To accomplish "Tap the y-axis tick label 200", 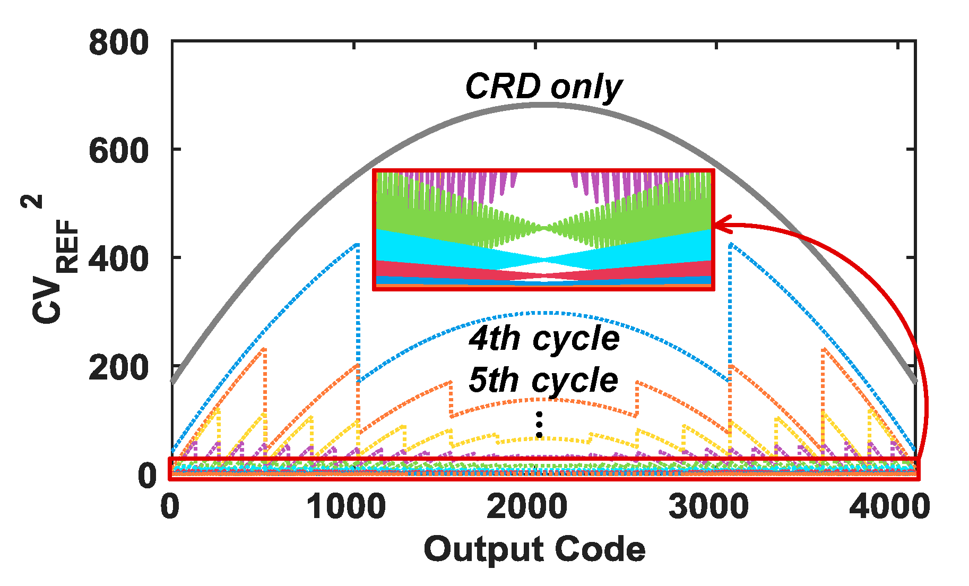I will (x=118, y=367).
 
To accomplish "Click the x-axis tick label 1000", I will (x=346, y=507).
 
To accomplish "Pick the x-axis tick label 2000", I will (x=527, y=507).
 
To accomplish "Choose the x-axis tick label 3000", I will (x=708, y=507).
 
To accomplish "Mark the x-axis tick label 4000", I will (x=889, y=507).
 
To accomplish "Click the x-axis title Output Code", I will (x=534, y=549).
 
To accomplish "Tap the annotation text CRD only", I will (x=543, y=87).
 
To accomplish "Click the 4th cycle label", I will (x=544, y=338).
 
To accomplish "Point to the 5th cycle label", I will (x=543, y=380).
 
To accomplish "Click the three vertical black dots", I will (x=539, y=425).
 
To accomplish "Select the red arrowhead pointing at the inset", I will (x=722, y=225).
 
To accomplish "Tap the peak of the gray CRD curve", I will (x=543, y=105).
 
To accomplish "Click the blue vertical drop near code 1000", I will (x=358, y=313).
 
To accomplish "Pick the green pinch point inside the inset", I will (x=544, y=228).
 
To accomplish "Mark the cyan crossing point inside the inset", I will (x=544, y=260).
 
